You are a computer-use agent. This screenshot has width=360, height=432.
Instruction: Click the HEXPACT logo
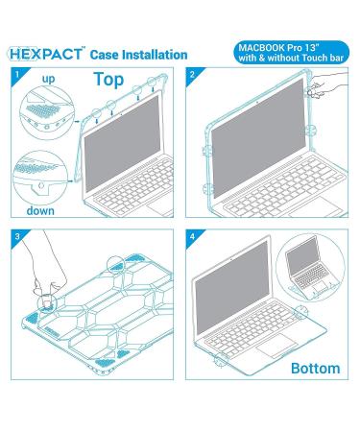point(46,54)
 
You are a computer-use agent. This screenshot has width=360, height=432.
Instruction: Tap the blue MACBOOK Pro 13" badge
point(291,53)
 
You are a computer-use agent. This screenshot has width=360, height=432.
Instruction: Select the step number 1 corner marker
point(17,75)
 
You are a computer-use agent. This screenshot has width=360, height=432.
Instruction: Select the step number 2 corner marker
point(192,75)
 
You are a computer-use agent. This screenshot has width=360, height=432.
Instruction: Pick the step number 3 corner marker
point(17,236)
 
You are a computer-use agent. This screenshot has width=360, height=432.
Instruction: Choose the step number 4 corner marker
point(192,236)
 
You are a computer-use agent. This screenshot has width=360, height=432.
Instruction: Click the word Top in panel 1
point(108,80)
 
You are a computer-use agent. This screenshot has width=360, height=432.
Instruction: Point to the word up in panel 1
point(48,79)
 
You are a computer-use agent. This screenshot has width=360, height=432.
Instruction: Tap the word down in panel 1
point(40,210)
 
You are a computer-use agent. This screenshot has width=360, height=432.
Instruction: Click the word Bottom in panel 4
point(315,369)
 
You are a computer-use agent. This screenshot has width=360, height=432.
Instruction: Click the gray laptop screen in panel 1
point(122,143)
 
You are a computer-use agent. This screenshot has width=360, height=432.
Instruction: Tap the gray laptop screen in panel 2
point(258,138)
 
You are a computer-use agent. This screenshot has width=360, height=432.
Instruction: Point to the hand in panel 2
point(326,84)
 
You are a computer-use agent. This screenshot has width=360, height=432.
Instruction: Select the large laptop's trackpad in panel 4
point(277,346)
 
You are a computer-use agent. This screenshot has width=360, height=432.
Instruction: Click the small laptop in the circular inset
point(307,269)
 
